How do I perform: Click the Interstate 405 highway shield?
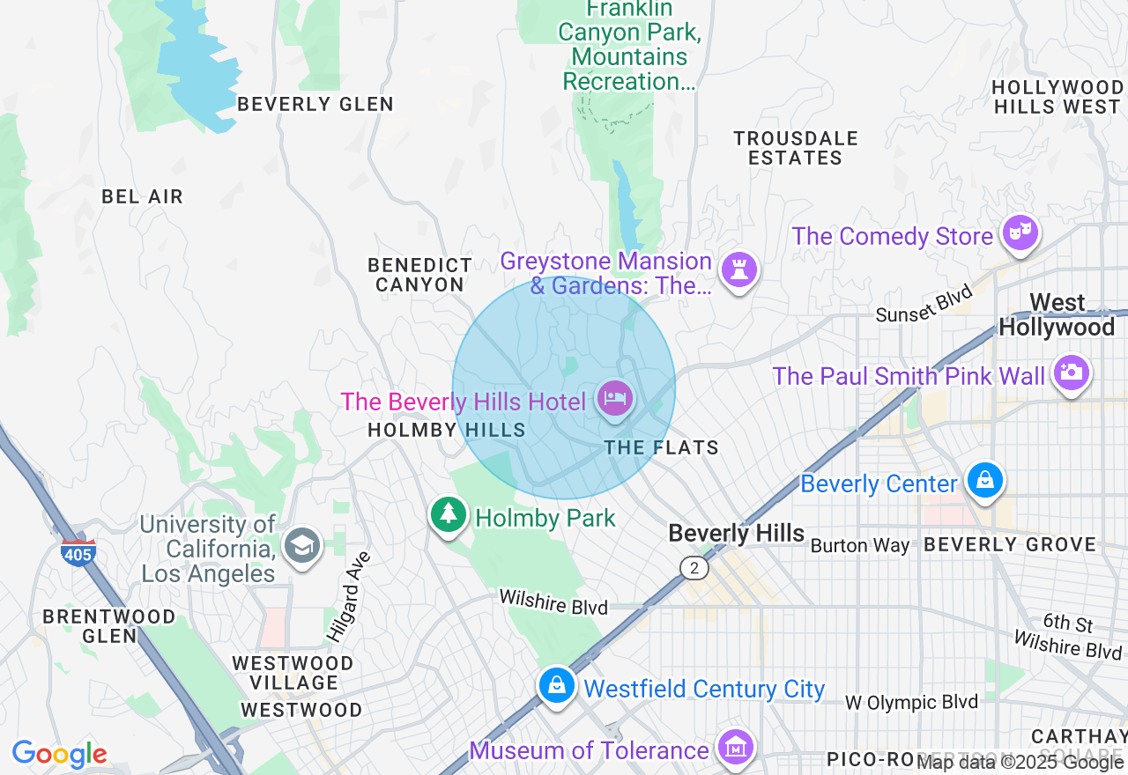tap(78, 552)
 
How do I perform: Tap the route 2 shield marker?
tap(694, 568)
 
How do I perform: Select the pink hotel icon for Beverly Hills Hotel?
tap(614, 399)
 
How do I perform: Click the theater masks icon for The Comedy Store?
tap(1020, 233)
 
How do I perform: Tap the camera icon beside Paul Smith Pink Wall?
tap(1071, 373)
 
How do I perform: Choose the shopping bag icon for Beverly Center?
tap(985, 481)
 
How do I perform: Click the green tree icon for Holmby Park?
tap(449, 514)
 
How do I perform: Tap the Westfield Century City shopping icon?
tap(557, 684)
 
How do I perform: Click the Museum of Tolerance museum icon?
tap(734, 748)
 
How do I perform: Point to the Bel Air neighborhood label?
tap(142, 196)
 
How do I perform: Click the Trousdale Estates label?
tap(796, 148)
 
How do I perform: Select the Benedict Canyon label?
tap(419, 275)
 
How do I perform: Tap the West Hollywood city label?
tap(1057, 315)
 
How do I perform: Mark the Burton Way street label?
tap(859, 546)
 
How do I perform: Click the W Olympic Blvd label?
tap(911, 703)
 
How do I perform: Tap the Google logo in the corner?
tap(59, 754)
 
